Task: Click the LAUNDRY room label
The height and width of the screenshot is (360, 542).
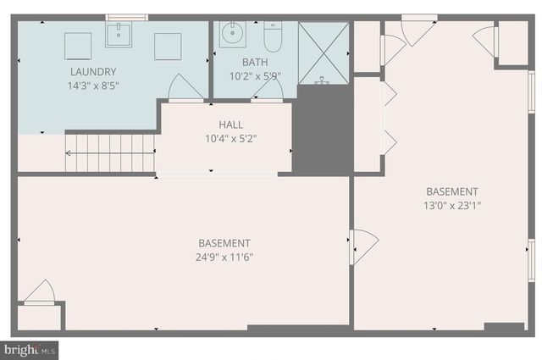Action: tap(93, 72)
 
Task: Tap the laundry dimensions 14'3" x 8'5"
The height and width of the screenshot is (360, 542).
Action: tap(93, 86)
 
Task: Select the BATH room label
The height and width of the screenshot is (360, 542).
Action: tap(254, 62)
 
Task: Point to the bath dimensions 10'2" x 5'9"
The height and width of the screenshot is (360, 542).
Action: tap(254, 75)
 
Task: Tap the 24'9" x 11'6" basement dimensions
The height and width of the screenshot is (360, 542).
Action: tap(224, 256)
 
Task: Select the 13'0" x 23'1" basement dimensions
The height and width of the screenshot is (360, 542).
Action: tap(452, 205)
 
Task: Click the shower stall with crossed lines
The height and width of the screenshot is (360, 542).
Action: tap(323, 53)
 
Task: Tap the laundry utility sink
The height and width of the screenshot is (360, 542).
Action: tap(119, 35)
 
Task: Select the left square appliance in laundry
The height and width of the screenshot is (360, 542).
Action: tap(78, 46)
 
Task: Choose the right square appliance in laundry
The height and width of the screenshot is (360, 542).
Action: tap(167, 46)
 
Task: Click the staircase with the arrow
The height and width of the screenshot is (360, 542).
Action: tap(110, 153)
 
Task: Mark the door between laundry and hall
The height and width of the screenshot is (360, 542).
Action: tap(185, 88)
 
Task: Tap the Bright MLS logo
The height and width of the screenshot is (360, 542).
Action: tap(30, 349)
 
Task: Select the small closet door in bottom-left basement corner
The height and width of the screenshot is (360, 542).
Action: tap(39, 293)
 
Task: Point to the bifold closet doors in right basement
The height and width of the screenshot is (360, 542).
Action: tap(388, 118)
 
